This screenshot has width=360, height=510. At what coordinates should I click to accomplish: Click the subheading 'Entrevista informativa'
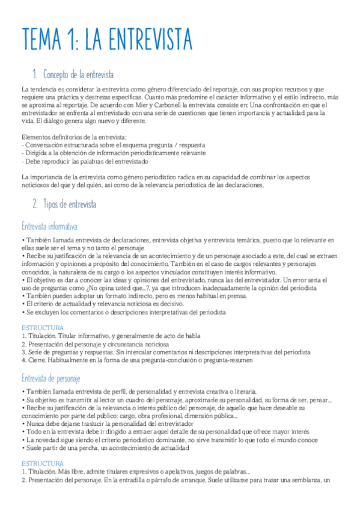coord(49,226)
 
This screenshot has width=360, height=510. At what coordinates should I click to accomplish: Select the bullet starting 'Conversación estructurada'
coord(114,146)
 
